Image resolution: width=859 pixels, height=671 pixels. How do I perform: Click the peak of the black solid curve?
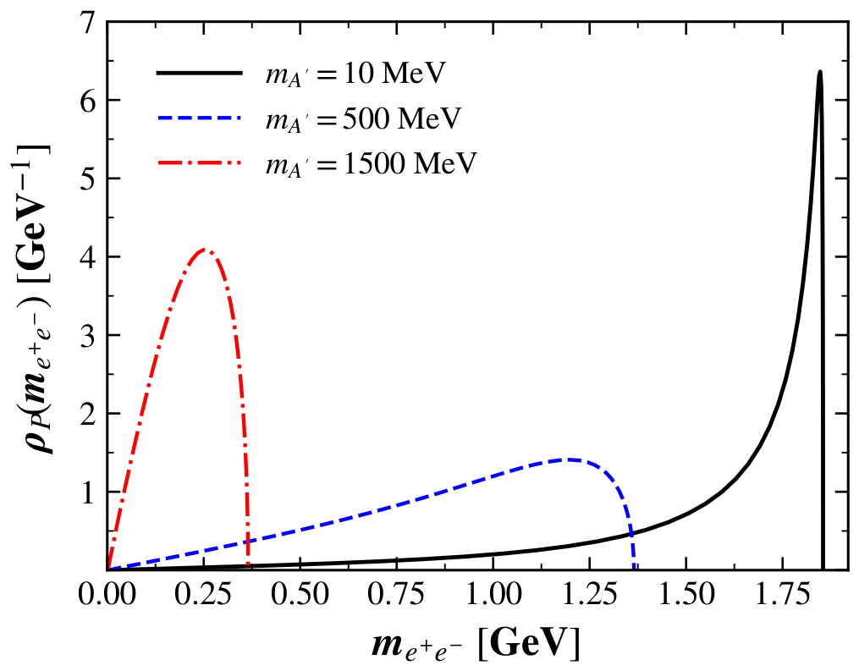[819, 71]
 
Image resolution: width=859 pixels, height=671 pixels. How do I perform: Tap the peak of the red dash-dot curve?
[204, 250]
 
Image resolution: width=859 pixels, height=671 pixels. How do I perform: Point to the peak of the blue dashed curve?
[570, 459]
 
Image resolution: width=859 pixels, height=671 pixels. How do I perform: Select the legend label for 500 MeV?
[364, 118]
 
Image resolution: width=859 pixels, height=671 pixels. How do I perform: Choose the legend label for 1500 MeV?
[372, 162]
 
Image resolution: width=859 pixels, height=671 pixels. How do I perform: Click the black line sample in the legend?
[200, 73]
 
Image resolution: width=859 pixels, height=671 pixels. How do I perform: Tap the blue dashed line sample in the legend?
[200, 118]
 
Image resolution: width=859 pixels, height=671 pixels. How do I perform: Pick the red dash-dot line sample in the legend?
[200, 162]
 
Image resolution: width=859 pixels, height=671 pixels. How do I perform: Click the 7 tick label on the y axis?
[87, 23]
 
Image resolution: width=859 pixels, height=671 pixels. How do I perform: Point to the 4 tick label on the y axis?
[87, 257]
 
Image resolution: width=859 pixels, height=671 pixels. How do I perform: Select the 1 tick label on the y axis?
[87, 492]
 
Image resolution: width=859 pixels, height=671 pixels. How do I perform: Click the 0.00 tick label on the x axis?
[107, 594]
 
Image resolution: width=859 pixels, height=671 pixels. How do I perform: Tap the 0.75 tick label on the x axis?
[396, 594]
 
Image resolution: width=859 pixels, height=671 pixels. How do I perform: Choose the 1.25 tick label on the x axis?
[590, 594]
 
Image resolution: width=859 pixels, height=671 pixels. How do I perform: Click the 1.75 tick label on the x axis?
[783, 594]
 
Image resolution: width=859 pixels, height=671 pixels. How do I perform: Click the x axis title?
[475, 645]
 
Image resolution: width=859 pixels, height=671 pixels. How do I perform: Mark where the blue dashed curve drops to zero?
[635, 569]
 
